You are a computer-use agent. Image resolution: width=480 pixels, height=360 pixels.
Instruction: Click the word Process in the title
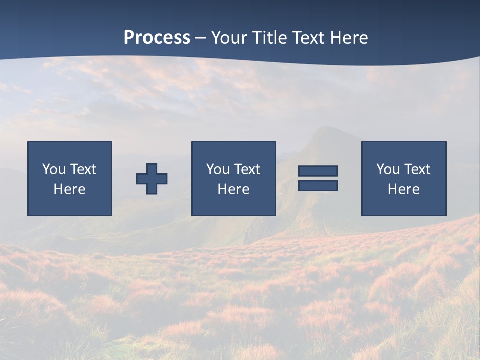click(157, 38)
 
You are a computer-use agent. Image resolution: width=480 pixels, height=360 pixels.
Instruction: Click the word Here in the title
click(349, 38)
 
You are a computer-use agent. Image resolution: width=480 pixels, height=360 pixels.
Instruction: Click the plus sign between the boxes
click(152, 179)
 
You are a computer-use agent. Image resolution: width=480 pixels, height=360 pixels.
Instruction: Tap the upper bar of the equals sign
click(318, 171)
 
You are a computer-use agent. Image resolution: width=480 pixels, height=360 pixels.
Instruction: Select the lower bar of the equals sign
click(318, 185)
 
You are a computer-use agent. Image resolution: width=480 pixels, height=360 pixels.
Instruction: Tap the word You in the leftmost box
click(54, 169)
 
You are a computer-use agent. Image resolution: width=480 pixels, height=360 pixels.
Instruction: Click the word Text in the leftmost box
click(83, 169)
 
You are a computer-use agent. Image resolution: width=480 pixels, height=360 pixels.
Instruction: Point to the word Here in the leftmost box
click(69, 189)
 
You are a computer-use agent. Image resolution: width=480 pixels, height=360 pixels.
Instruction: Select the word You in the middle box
click(218, 169)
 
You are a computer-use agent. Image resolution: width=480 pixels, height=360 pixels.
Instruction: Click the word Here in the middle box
click(233, 189)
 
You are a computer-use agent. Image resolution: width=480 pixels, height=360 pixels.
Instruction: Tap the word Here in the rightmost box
click(403, 189)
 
